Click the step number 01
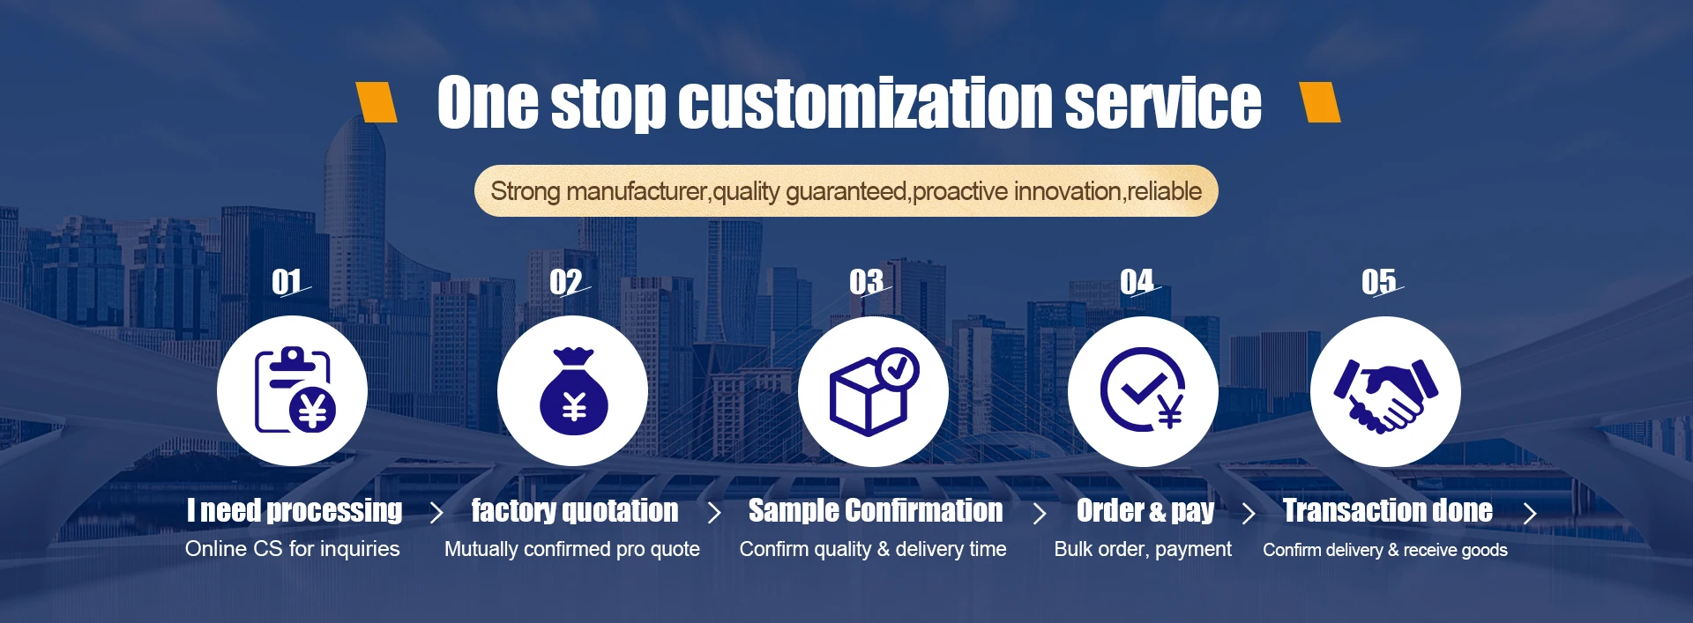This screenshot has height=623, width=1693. tap(287, 282)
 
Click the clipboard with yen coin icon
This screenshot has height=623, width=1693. tap(295, 389)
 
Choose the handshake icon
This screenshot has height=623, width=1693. tap(1385, 394)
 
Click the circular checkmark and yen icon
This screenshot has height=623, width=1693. tap(1143, 389)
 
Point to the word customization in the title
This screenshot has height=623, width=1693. tap(869, 102)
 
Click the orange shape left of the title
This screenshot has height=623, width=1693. tap(377, 101)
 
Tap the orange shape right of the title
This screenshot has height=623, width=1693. tap(1320, 101)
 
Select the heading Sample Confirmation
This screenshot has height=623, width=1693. tap(876, 510)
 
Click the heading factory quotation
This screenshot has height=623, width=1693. tap(575, 510)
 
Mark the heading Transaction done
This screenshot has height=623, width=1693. tap(1388, 510)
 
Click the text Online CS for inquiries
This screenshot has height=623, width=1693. tap(293, 549)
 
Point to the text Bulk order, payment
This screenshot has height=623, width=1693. tap(1143, 549)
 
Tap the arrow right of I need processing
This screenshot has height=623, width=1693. tap(436, 513)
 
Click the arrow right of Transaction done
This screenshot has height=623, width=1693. tap(1530, 513)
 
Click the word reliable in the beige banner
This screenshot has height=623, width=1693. tap(1164, 191)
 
